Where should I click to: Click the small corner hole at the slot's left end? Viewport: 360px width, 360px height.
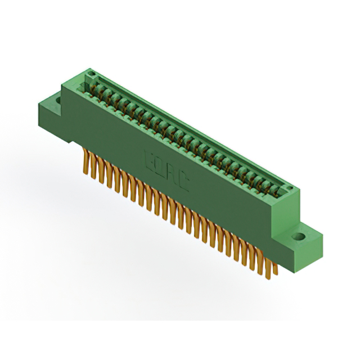point(88,75)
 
